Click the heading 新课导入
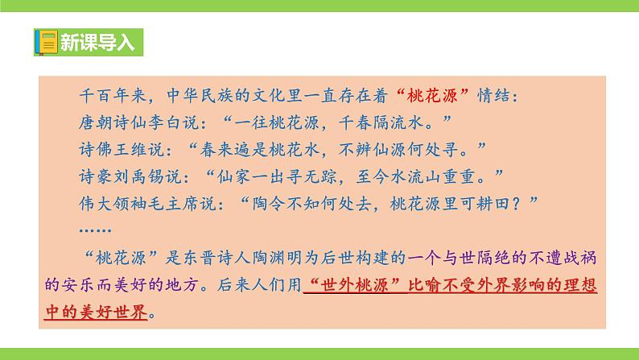pos(95,42)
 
